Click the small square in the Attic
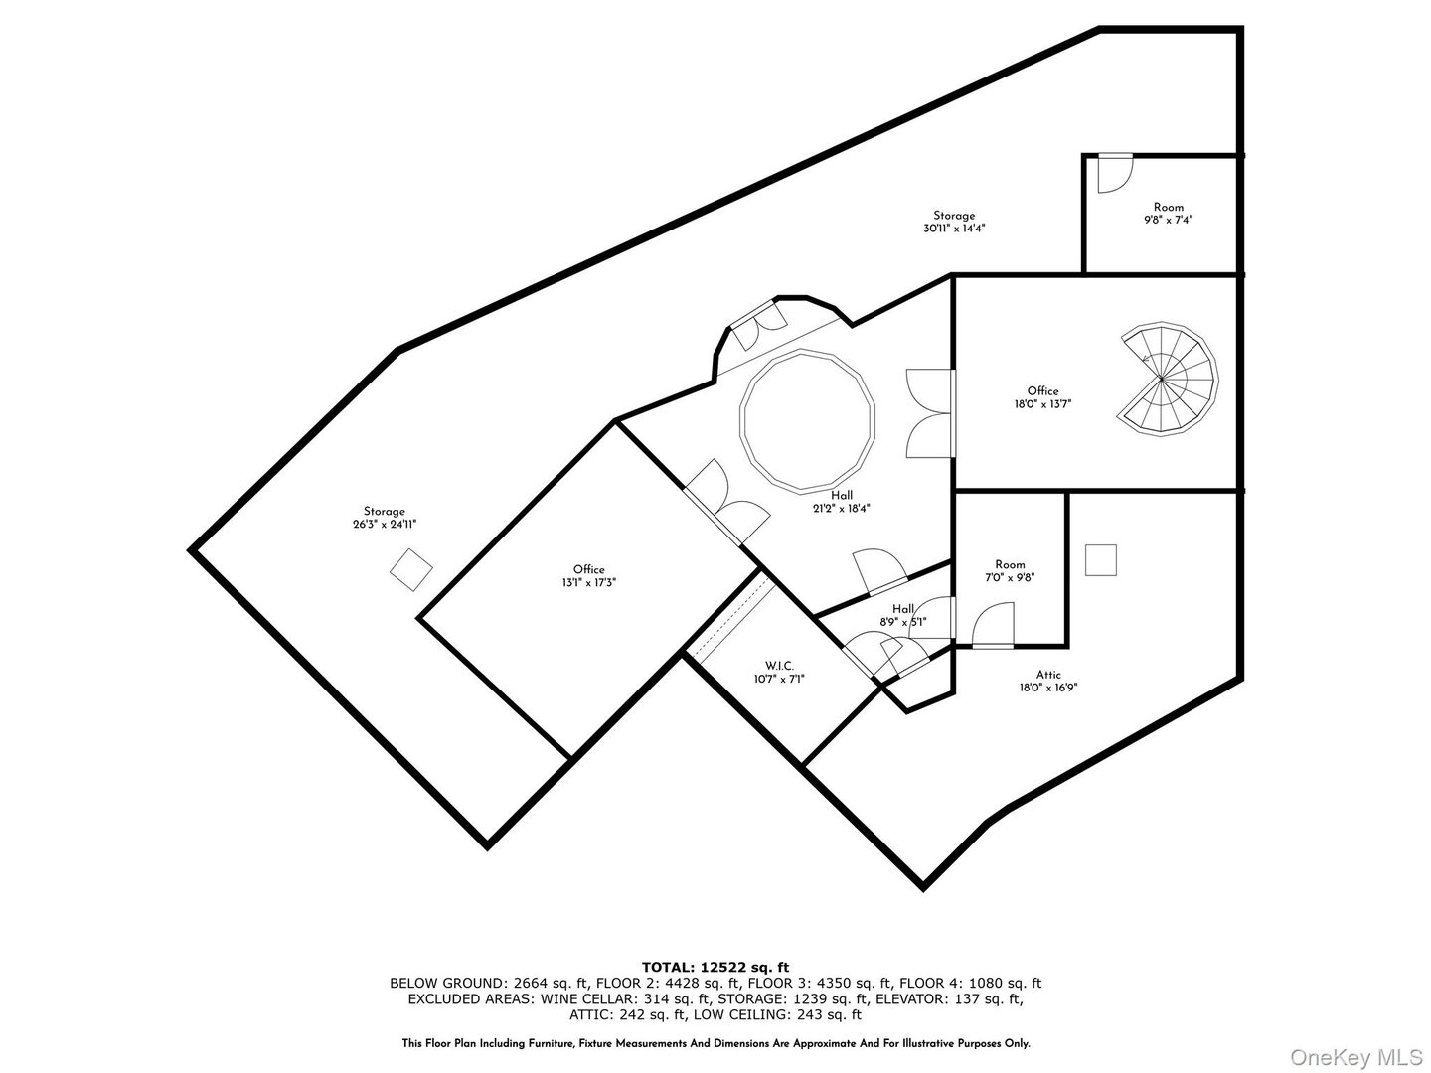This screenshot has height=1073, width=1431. [x=1100, y=560]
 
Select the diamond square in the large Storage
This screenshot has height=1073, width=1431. [x=410, y=570]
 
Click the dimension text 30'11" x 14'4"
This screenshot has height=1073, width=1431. [x=953, y=229]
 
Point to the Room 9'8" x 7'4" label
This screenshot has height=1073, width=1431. [x=1169, y=208]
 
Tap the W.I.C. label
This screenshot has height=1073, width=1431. [x=779, y=666]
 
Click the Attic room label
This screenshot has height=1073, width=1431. [x=1048, y=675]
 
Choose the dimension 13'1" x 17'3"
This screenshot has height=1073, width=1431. [x=588, y=583]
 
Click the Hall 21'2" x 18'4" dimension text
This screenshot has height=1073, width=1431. [x=841, y=508]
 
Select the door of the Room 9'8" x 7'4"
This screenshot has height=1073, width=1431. [x=1115, y=173]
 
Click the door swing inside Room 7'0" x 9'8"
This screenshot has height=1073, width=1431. [x=993, y=625]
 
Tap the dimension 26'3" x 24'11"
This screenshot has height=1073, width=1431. [x=384, y=525]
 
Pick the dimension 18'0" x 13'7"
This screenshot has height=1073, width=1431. [x=1042, y=404]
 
